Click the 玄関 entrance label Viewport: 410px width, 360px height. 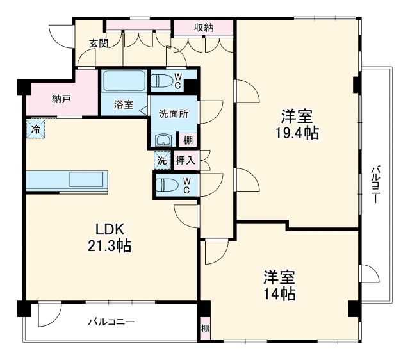coord(98,44)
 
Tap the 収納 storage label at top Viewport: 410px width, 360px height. coord(204,27)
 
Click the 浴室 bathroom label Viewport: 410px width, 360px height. coord(124,104)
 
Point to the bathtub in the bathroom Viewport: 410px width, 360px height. coord(124,83)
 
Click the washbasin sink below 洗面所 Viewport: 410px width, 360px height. coord(163,140)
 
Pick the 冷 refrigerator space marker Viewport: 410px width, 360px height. coord(36,129)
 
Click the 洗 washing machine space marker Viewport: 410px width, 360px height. coord(161,160)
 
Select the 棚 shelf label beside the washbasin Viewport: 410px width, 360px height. coord(188,140)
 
